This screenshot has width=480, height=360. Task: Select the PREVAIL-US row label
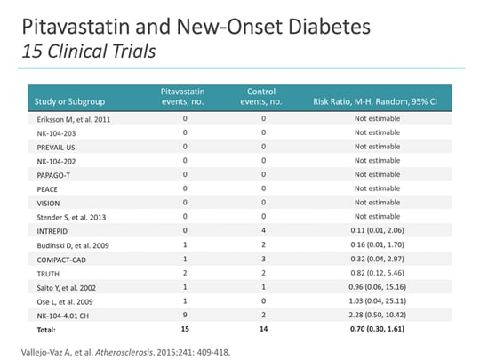56,146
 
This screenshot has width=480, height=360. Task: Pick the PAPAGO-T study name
54,175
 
